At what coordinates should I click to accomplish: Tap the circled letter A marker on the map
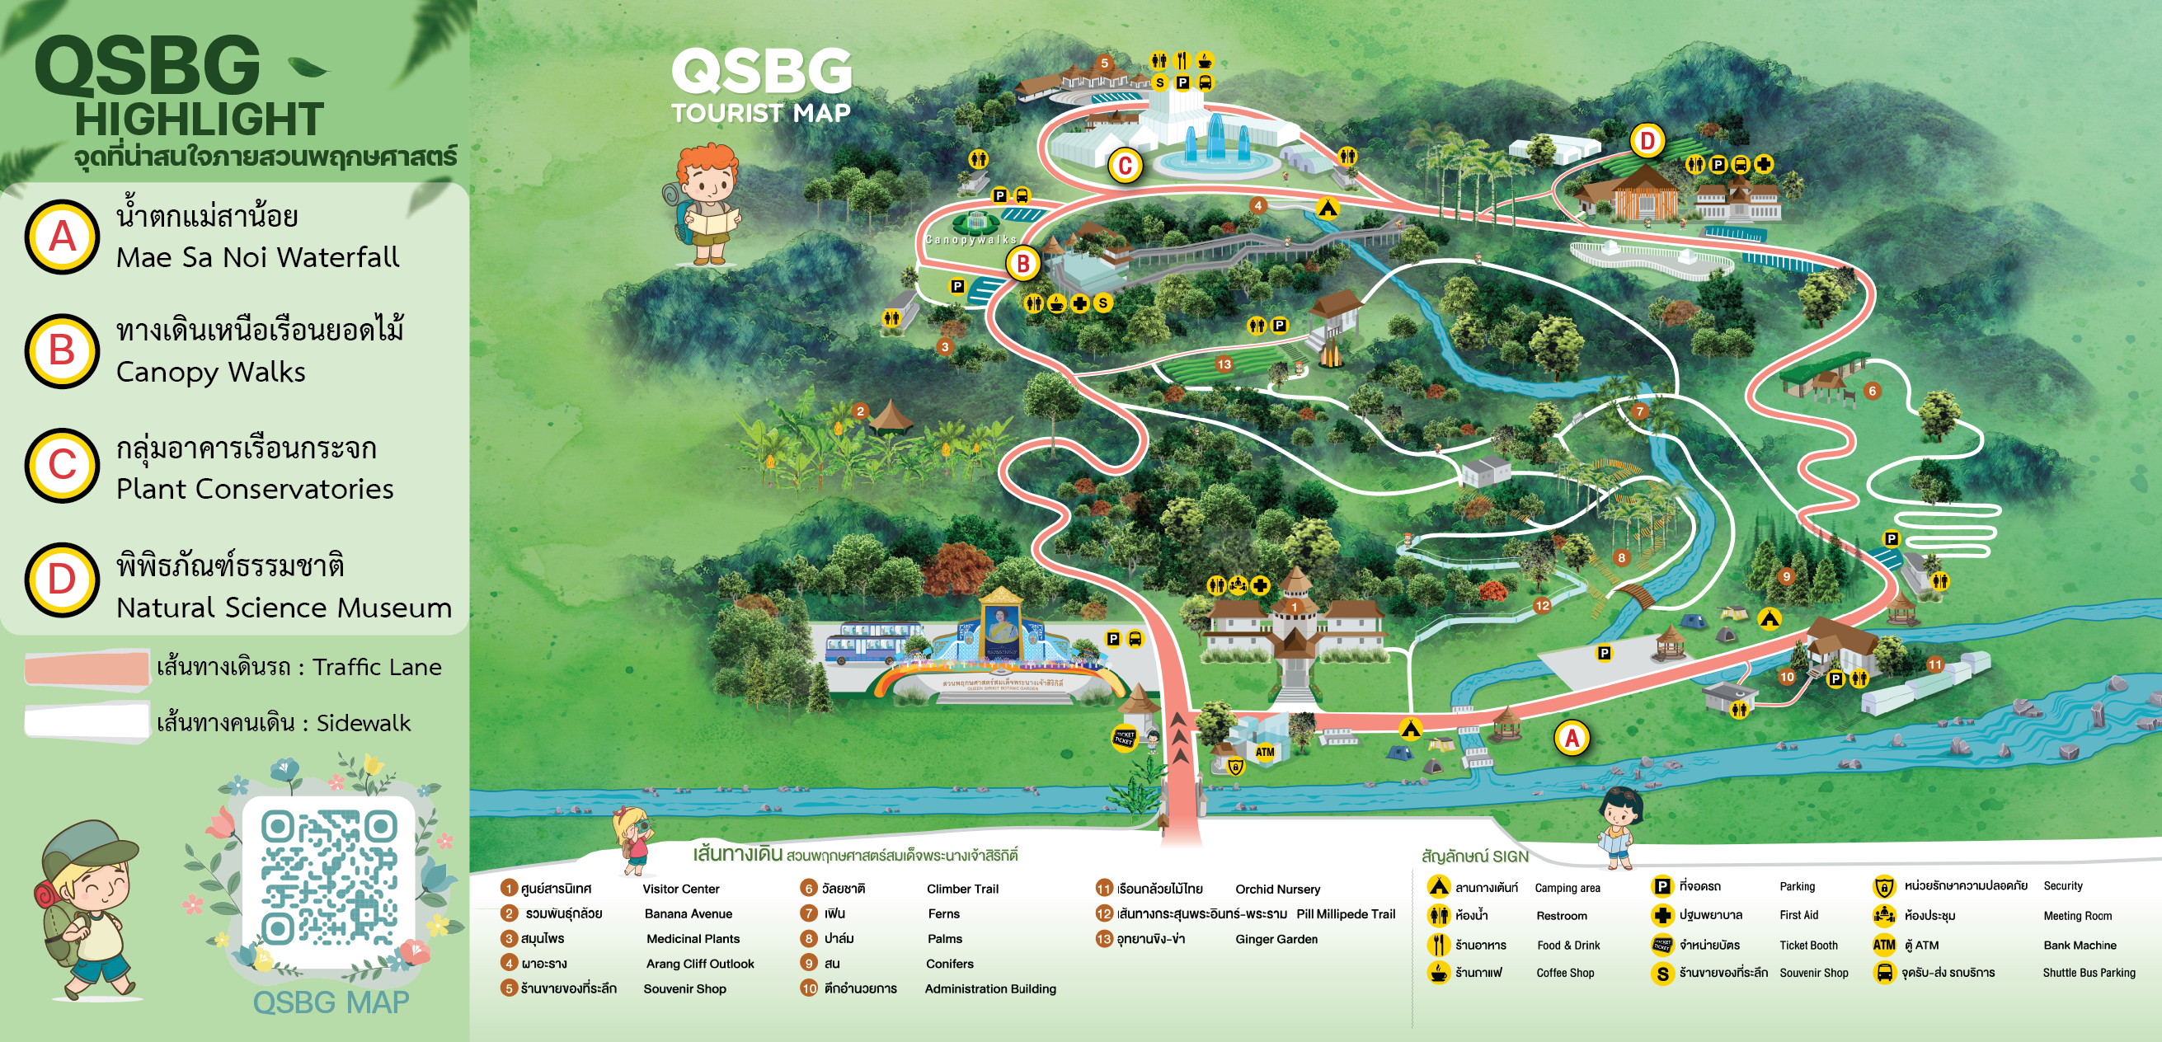(x=1571, y=739)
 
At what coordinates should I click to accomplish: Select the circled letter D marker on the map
(x=1647, y=141)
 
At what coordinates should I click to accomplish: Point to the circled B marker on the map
(x=1023, y=265)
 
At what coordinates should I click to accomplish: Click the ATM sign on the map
(x=1265, y=752)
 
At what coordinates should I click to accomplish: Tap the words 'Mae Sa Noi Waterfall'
(x=257, y=257)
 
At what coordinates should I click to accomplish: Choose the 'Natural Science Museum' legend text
(x=284, y=608)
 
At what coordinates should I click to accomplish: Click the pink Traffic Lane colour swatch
(x=87, y=669)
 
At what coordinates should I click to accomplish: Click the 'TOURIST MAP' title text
(x=760, y=113)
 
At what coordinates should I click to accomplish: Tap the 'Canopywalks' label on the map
(x=971, y=240)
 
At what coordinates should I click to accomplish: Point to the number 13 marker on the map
(x=1224, y=364)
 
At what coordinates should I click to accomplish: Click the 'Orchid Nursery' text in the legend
(x=1277, y=889)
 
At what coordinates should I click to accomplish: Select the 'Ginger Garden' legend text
(x=1276, y=940)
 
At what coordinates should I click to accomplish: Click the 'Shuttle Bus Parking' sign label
(x=2089, y=974)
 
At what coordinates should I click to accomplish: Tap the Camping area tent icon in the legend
(x=1439, y=887)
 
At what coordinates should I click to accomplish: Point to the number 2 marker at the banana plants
(x=859, y=411)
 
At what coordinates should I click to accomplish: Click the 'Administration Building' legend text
(x=990, y=989)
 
